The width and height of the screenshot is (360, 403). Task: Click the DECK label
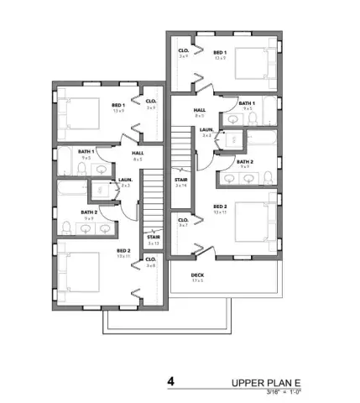pyautogui.click(x=197, y=275)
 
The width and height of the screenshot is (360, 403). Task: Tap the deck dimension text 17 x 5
pyautogui.click(x=197, y=280)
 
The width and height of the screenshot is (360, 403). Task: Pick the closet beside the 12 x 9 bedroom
pyautogui.click(x=182, y=55)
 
